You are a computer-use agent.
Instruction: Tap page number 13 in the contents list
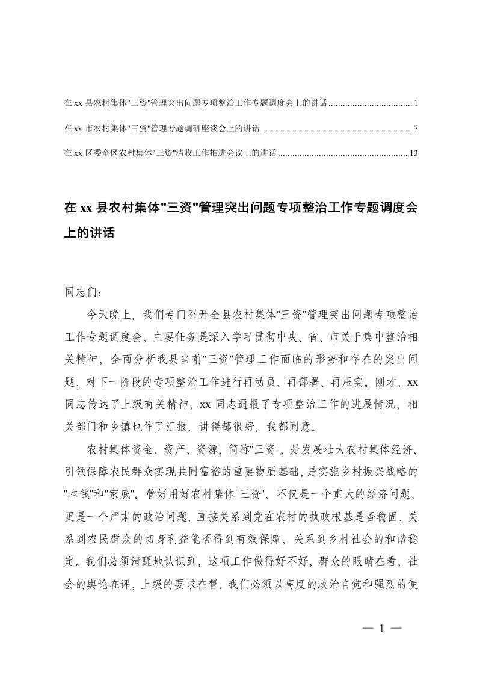tap(413, 153)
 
